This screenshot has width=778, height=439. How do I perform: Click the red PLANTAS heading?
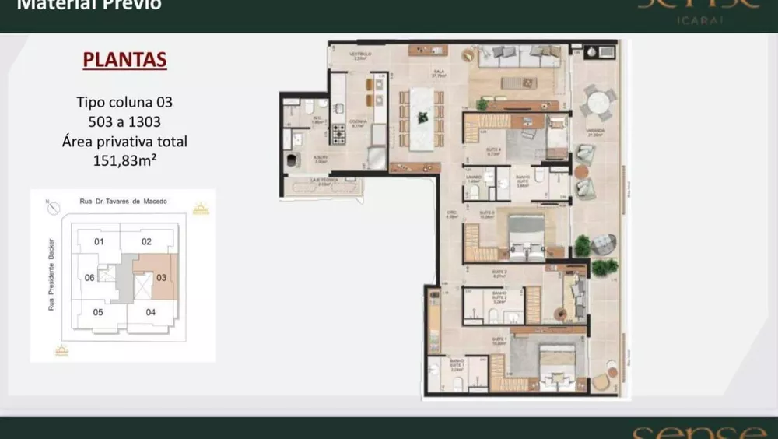click(x=124, y=61)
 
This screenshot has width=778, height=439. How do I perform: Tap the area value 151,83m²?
click(x=124, y=161)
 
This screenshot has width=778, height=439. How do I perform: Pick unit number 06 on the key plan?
click(x=89, y=278)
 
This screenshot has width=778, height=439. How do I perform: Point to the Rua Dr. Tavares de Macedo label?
click(x=123, y=202)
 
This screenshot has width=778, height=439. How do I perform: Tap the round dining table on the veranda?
click(x=598, y=103)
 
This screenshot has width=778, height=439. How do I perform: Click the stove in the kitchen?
click(x=339, y=134)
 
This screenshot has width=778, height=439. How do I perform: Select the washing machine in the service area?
click(x=291, y=160)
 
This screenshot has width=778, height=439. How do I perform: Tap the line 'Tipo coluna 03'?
click(x=124, y=102)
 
